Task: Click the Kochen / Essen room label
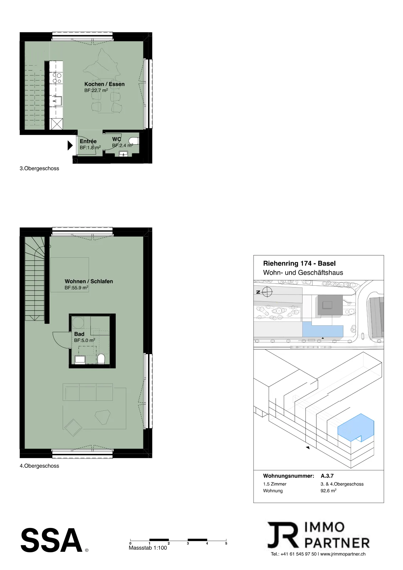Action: click(104, 84)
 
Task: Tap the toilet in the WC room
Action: click(134, 141)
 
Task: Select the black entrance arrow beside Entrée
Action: click(70, 145)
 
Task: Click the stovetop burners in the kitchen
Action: click(57, 78)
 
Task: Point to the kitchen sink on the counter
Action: click(57, 101)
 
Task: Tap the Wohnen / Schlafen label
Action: click(89, 281)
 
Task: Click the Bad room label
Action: click(79, 334)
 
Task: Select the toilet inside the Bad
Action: click(101, 359)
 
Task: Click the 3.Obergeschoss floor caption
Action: click(40, 169)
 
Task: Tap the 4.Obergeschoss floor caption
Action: click(40, 466)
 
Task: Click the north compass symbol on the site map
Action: click(267, 292)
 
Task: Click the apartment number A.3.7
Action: click(327, 476)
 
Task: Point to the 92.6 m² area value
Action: click(328, 491)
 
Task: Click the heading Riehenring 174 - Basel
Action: click(299, 263)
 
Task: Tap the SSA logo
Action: click(52, 540)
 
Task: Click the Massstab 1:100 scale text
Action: click(148, 548)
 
